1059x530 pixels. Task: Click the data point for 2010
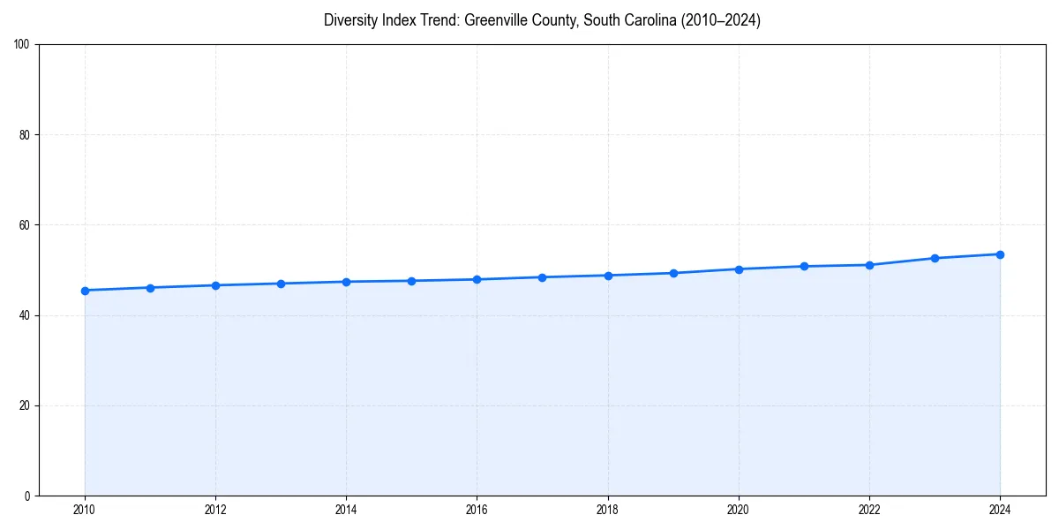[x=85, y=291]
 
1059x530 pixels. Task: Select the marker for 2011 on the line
[x=150, y=288]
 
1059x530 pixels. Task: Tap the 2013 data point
[x=281, y=284]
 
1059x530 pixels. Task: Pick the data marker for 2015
[x=411, y=281]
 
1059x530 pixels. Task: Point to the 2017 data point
[x=542, y=277]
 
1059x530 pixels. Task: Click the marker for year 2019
[x=673, y=273]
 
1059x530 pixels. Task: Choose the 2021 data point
[x=804, y=266]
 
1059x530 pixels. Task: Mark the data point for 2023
[x=935, y=258]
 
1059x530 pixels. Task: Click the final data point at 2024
[x=1000, y=254]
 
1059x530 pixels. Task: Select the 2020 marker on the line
[x=739, y=269]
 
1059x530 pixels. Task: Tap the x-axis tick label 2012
[x=215, y=510]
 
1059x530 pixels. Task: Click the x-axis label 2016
[x=477, y=510]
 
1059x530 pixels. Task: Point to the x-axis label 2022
[x=869, y=510]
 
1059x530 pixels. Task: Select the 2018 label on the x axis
[x=607, y=510]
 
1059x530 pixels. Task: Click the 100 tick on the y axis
[x=23, y=45]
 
